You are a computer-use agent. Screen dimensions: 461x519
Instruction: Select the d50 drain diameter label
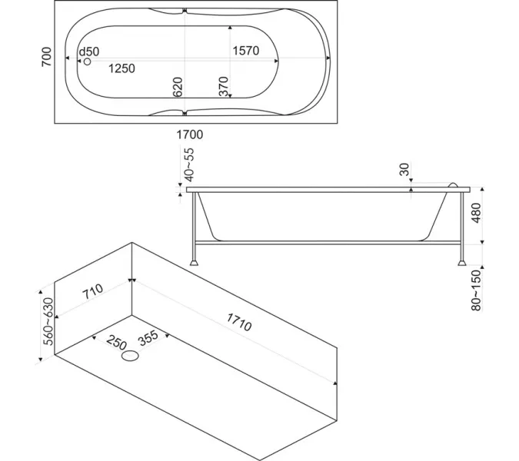click(89, 51)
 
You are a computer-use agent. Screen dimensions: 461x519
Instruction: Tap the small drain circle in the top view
click(87, 61)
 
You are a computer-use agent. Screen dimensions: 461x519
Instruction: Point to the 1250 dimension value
click(121, 68)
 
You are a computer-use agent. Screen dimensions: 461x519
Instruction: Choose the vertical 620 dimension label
click(178, 87)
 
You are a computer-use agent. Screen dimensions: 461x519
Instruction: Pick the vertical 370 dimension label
click(224, 87)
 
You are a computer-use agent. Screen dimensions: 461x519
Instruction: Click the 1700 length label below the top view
click(189, 134)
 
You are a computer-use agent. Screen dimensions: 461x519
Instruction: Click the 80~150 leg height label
click(476, 290)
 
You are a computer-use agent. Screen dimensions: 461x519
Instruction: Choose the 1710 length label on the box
click(239, 321)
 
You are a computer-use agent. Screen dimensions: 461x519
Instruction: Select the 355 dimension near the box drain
click(148, 338)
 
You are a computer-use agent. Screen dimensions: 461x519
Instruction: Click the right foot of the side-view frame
click(461, 261)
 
